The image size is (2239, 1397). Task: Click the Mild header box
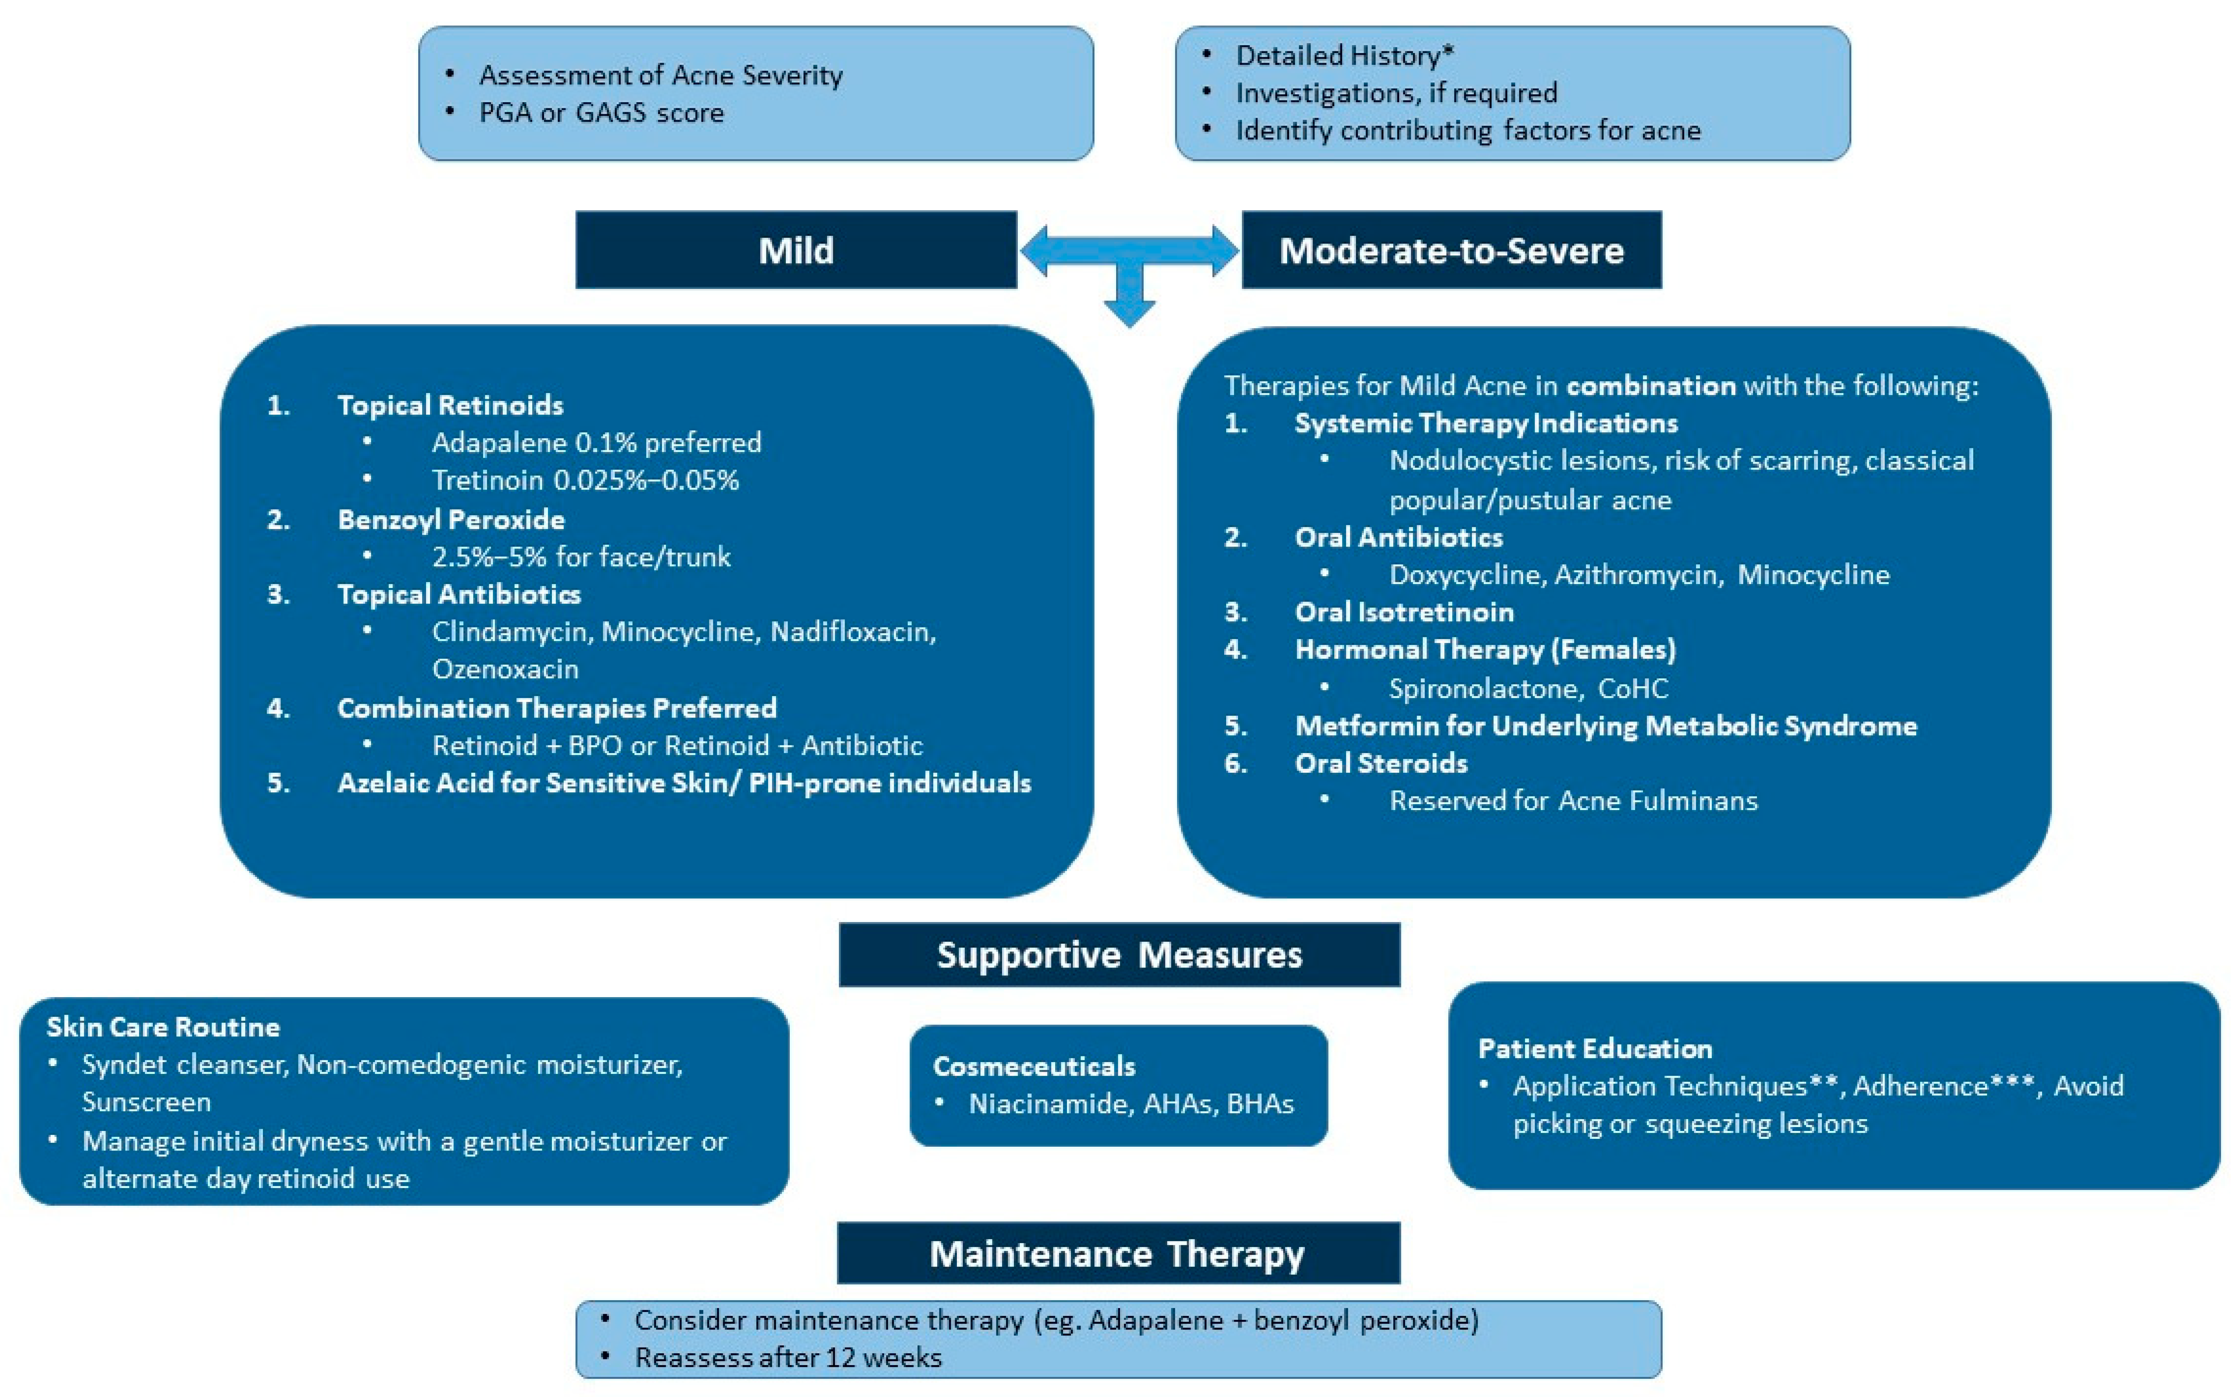[795, 250]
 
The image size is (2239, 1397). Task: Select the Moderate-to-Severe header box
[1451, 250]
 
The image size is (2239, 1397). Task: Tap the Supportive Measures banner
[1119, 955]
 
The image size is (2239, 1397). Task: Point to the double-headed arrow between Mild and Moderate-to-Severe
[1129, 251]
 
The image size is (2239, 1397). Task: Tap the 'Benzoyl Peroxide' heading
[451, 519]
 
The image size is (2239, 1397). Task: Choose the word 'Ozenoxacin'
[505, 669]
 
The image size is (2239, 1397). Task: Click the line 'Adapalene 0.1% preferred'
[596, 442]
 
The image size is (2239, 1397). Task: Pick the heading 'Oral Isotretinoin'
[1404, 612]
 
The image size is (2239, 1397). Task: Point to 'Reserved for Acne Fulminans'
[1573, 800]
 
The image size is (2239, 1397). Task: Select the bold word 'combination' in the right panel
[1650, 385]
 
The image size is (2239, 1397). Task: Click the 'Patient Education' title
[1595, 1049]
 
